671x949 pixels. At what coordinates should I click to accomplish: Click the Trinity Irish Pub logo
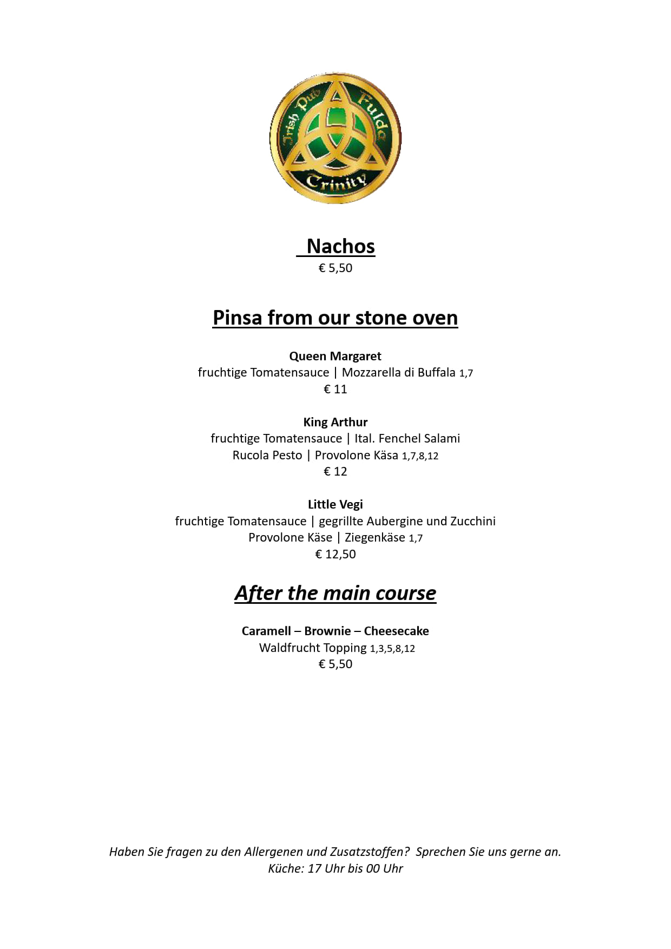tap(335, 139)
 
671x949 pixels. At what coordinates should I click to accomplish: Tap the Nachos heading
tap(340, 246)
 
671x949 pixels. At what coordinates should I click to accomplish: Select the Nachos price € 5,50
tap(335, 268)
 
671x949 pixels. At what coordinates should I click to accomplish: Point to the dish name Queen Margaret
tap(335, 356)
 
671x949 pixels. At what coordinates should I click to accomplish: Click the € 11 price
tap(335, 389)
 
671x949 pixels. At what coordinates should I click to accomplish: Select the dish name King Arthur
tap(335, 422)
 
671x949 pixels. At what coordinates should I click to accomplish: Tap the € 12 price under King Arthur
tap(335, 471)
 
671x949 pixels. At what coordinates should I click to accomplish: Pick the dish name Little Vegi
tap(335, 504)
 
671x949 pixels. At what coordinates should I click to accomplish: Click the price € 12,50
tap(335, 554)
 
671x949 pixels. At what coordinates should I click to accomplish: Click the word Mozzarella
tap(371, 373)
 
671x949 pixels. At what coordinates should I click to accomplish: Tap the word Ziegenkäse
tap(375, 538)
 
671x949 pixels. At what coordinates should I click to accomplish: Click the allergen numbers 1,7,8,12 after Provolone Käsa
tap(420, 456)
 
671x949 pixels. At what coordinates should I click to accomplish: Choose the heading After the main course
tap(335, 593)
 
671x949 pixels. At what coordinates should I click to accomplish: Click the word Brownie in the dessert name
tap(327, 631)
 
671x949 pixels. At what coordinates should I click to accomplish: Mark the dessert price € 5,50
tap(335, 664)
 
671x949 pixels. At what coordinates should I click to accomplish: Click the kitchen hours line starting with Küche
tap(335, 869)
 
